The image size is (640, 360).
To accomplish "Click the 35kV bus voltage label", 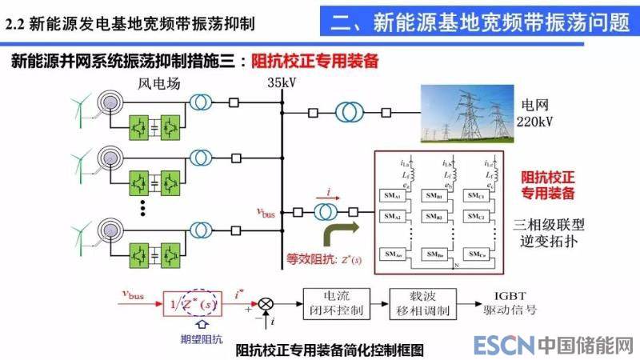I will pyautogui.click(x=282, y=82).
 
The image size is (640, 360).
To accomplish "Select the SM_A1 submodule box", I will pyautogui.click(x=392, y=195).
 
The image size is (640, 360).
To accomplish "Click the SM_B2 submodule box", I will pyautogui.click(x=434, y=217).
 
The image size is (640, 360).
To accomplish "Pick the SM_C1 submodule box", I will pyautogui.click(x=477, y=195).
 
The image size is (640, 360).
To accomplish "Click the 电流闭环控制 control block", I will pyautogui.click(x=335, y=302).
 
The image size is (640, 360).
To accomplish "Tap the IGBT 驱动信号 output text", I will pyautogui.click(x=512, y=302).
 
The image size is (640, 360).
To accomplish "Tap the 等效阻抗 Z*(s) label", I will pyautogui.click(x=328, y=260).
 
